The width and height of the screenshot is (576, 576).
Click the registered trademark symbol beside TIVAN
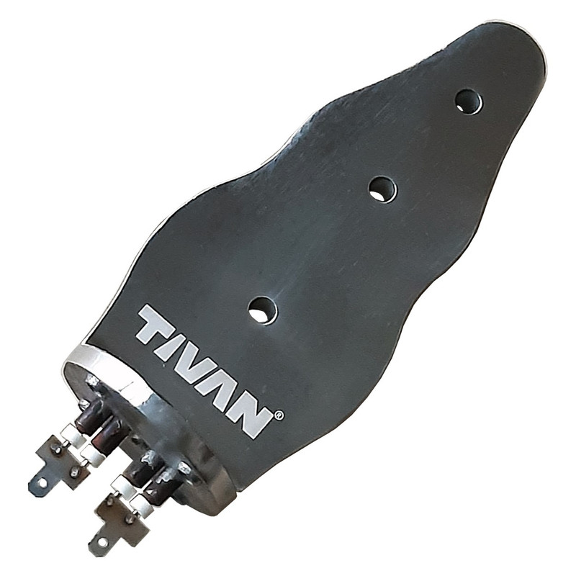point(279,415)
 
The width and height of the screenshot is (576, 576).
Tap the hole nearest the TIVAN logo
point(262,311)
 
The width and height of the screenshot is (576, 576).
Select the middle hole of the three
point(383,189)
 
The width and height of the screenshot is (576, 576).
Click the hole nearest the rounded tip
point(469,102)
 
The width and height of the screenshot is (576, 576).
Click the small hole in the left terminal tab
point(42,481)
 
